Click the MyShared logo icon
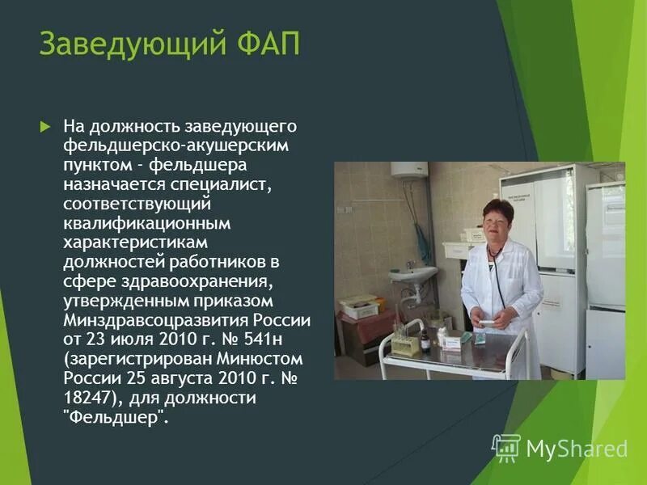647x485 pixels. point(506,448)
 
